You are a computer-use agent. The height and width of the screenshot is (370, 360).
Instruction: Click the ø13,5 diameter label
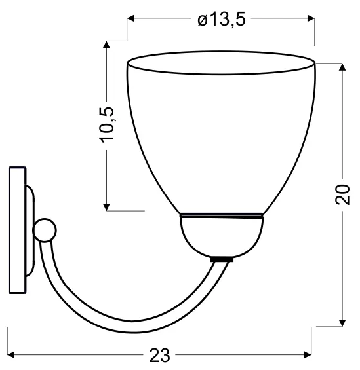click(x=222, y=18)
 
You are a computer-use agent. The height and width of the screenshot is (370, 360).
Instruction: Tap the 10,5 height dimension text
click(x=108, y=125)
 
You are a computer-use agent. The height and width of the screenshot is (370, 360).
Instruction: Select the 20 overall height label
click(x=342, y=194)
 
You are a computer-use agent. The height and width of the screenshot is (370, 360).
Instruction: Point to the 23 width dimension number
click(x=159, y=356)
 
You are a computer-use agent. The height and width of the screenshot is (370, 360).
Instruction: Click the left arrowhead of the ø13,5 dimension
click(x=130, y=18)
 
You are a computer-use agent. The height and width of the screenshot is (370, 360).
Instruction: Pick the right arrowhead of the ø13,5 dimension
click(x=311, y=18)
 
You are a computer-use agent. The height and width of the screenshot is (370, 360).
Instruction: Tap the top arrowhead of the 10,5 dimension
click(x=106, y=45)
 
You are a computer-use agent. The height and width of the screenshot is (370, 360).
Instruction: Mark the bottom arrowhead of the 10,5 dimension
click(x=106, y=207)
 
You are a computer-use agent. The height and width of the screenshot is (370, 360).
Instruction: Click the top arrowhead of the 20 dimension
click(x=342, y=67)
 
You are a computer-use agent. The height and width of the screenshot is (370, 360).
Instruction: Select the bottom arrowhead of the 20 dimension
click(x=342, y=323)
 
